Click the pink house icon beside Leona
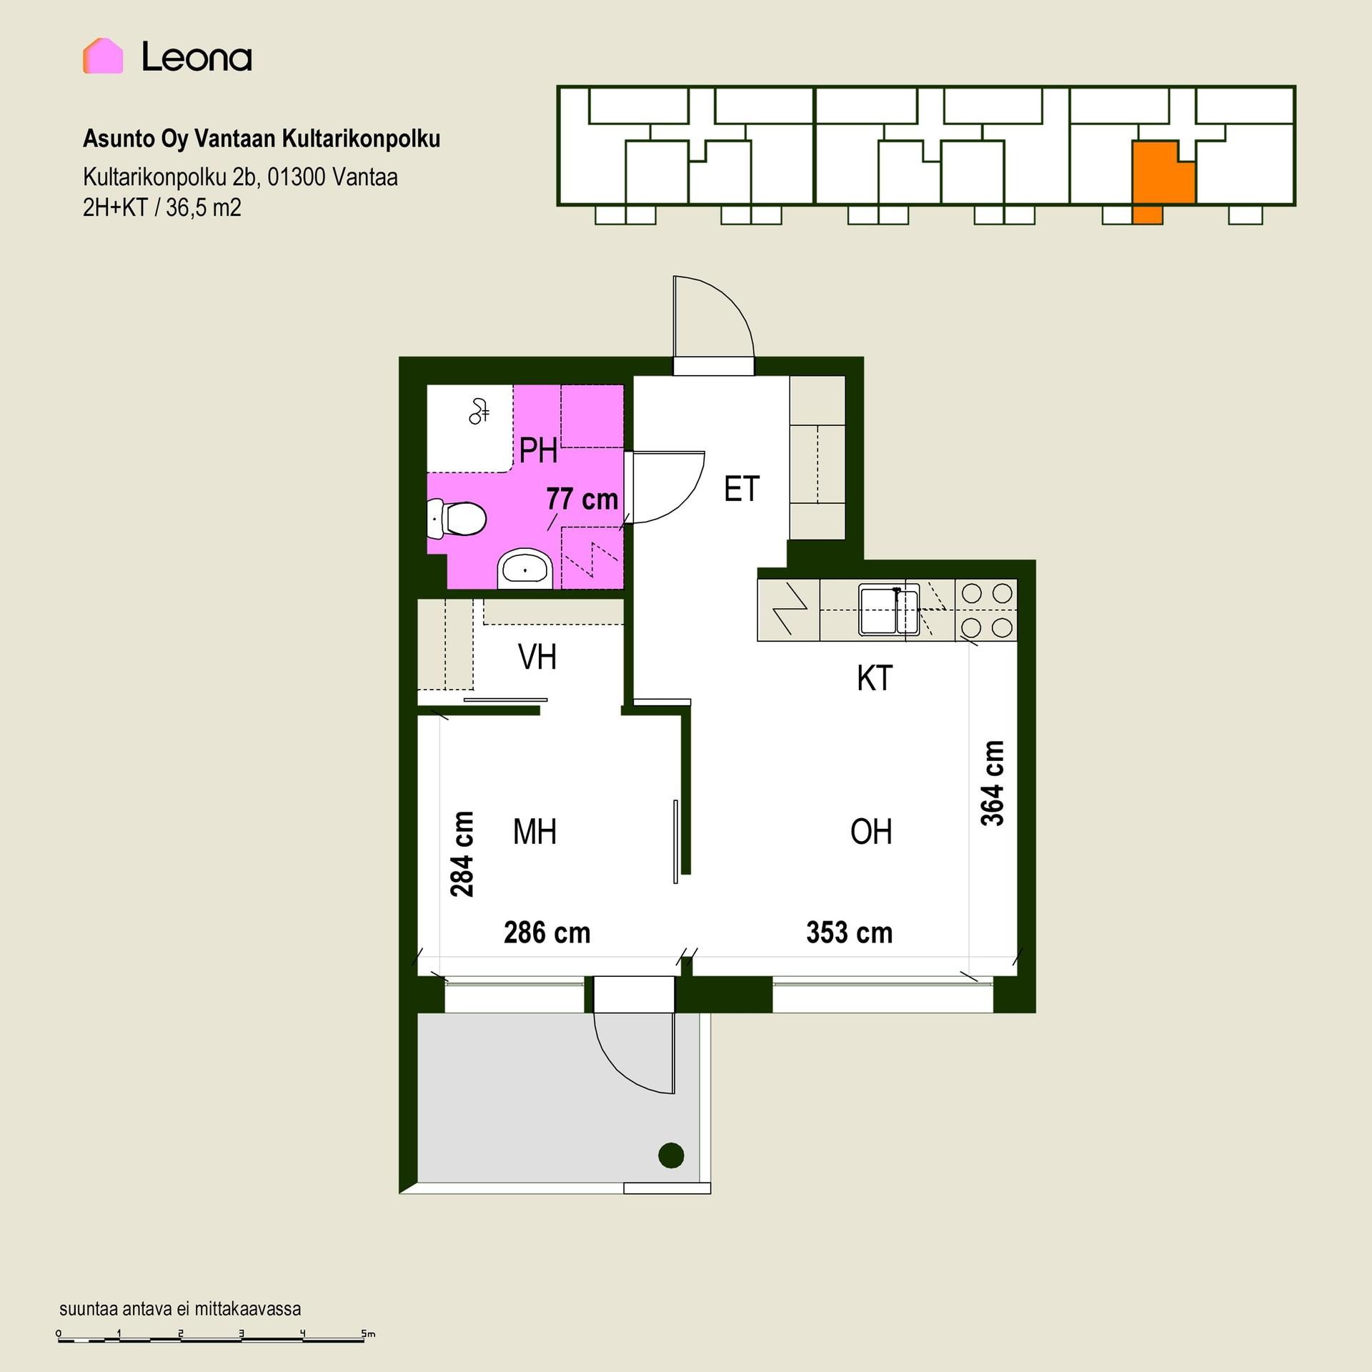pos(103,56)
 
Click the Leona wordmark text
pos(197,56)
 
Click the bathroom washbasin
pos(525,570)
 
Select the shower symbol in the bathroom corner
pos(479,411)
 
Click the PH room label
pos(538,450)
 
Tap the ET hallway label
pos(741,489)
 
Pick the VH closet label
pos(537,657)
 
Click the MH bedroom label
pos(535,832)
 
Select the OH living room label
pos(871,832)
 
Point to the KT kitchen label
pos(875,678)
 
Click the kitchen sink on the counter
pos(889,610)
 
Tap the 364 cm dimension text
pos(993,783)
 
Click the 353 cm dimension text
pos(850,933)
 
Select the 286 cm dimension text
pos(547,933)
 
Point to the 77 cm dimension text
pos(582,499)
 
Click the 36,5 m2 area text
pos(204,208)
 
